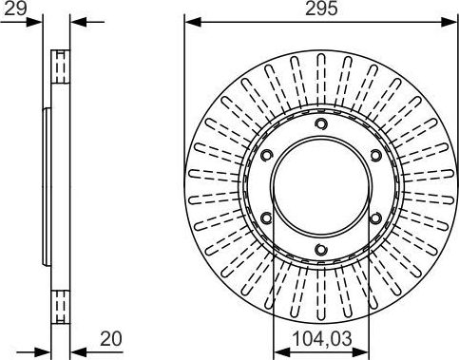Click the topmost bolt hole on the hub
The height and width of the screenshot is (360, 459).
[x=321, y=124]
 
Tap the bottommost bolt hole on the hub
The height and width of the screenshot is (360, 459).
[x=321, y=249]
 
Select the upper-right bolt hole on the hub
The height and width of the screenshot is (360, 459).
[x=375, y=156]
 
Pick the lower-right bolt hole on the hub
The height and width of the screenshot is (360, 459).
[x=375, y=218]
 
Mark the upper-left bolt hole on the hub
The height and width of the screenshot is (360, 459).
[x=267, y=156]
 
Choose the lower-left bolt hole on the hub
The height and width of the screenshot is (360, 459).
[x=267, y=218]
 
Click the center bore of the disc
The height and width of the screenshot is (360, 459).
[x=321, y=187]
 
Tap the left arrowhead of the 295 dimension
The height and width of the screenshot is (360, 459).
[x=189, y=21]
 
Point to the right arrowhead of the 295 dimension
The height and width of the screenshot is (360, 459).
[x=452, y=21]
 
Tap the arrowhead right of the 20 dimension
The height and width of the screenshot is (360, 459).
[x=77, y=349]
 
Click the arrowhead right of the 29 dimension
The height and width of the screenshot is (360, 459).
[x=77, y=21]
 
